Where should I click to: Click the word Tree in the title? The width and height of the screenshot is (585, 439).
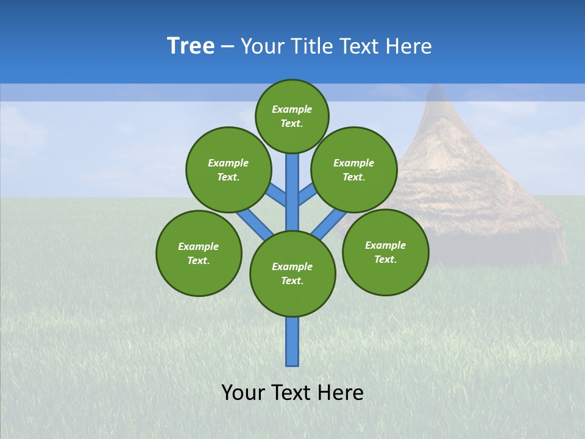[191, 46]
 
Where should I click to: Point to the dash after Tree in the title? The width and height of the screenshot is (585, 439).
[227, 46]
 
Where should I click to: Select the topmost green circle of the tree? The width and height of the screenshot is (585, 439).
[292, 116]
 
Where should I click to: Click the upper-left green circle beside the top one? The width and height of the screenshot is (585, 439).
[228, 170]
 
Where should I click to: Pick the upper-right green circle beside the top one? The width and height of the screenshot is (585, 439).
[354, 170]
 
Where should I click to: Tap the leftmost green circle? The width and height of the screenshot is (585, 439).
[199, 253]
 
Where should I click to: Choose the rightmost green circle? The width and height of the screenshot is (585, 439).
[385, 252]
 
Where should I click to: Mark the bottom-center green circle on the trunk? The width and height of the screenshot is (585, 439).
[292, 274]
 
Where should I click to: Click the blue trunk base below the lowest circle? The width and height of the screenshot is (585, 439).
[292, 341]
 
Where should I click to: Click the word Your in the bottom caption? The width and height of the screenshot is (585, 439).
[242, 393]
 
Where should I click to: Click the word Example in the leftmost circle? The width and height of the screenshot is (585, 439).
[199, 246]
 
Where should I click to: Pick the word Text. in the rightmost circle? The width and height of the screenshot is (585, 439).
[385, 259]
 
